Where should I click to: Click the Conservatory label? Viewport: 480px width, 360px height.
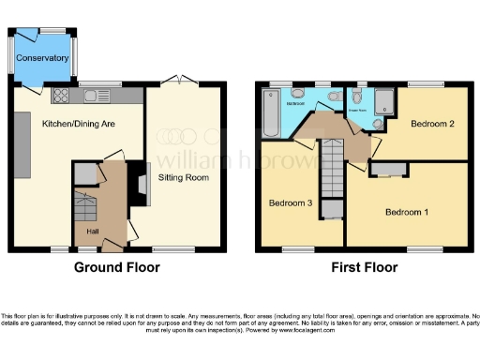tap(43, 58)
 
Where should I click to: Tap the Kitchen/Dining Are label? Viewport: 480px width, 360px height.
tap(78, 123)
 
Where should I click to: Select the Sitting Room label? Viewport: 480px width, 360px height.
tap(185, 175)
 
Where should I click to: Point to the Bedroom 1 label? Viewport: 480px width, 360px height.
tap(407, 212)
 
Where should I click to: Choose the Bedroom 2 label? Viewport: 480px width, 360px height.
tap(431, 124)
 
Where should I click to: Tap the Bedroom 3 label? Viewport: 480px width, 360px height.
tap(291, 202)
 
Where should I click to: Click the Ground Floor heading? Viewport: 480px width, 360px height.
tap(117, 267)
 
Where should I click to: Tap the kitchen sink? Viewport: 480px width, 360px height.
tap(92, 95)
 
